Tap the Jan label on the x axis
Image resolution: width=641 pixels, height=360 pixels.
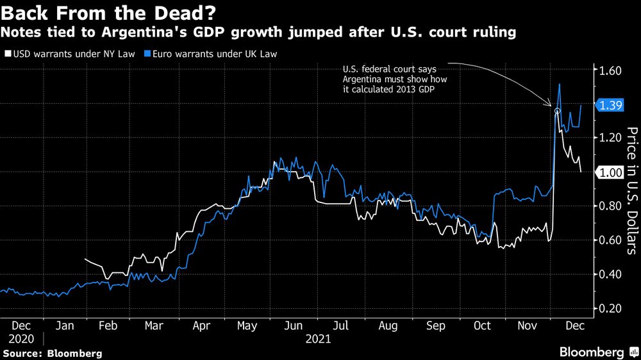65,325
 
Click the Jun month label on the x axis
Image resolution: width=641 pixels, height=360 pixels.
294,325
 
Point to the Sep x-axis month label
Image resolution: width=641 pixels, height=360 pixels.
435,325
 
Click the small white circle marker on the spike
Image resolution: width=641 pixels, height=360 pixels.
557,111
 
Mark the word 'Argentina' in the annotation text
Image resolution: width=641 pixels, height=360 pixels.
365,78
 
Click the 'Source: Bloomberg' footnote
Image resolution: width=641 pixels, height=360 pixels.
52,353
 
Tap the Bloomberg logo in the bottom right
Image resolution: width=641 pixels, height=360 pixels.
592,352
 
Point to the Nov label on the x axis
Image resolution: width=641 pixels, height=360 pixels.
529,325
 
